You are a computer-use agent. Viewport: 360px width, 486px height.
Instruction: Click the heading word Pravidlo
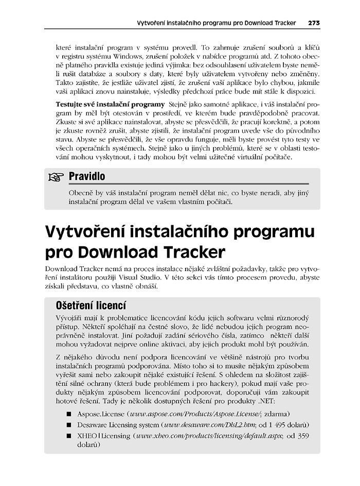click(86, 176)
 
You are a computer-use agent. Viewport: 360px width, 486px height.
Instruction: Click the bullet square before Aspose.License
click(68, 413)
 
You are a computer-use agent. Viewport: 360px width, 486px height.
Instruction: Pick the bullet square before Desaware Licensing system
click(68, 425)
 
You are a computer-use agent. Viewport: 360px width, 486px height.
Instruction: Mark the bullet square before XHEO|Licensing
click(68, 437)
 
